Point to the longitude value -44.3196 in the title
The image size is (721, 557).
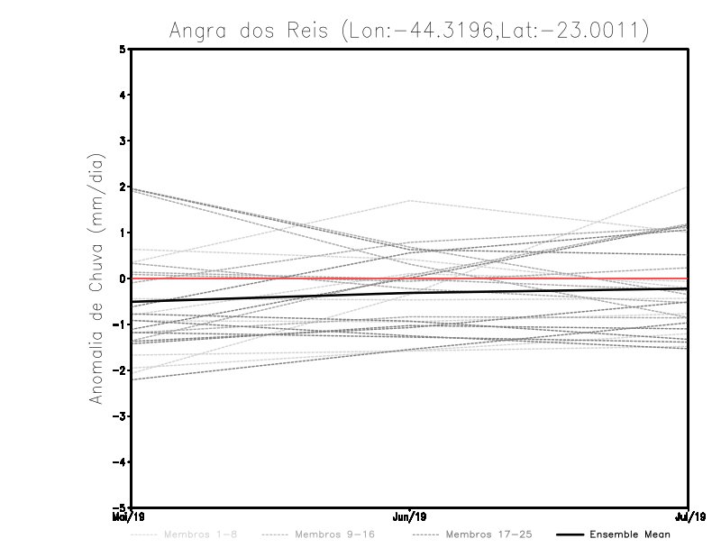pyautogui.click(x=437, y=31)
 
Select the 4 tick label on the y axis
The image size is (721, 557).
pyautogui.click(x=122, y=96)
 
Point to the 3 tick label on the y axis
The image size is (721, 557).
pyautogui.click(x=122, y=142)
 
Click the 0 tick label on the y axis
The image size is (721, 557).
pyautogui.click(x=122, y=278)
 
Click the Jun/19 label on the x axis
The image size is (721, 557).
pyautogui.click(x=411, y=517)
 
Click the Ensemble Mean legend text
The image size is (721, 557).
pyautogui.click(x=630, y=534)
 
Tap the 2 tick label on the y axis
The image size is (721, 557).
pyautogui.click(x=122, y=187)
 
